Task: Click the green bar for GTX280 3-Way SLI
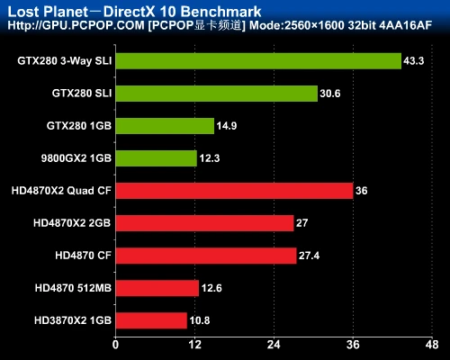click(258, 61)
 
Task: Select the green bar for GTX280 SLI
click(216, 94)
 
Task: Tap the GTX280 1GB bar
click(165, 126)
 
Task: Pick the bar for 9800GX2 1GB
click(156, 158)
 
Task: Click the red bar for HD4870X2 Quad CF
click(234, 191)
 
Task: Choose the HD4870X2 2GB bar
click(204, 223)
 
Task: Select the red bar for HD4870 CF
click(206, 256)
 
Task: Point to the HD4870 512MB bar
click(157, 288)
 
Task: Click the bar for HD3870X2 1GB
click(151, 320)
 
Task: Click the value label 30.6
click(330, 94)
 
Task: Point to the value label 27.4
click(309, 256)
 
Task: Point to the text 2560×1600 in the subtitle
click(317, 26)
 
